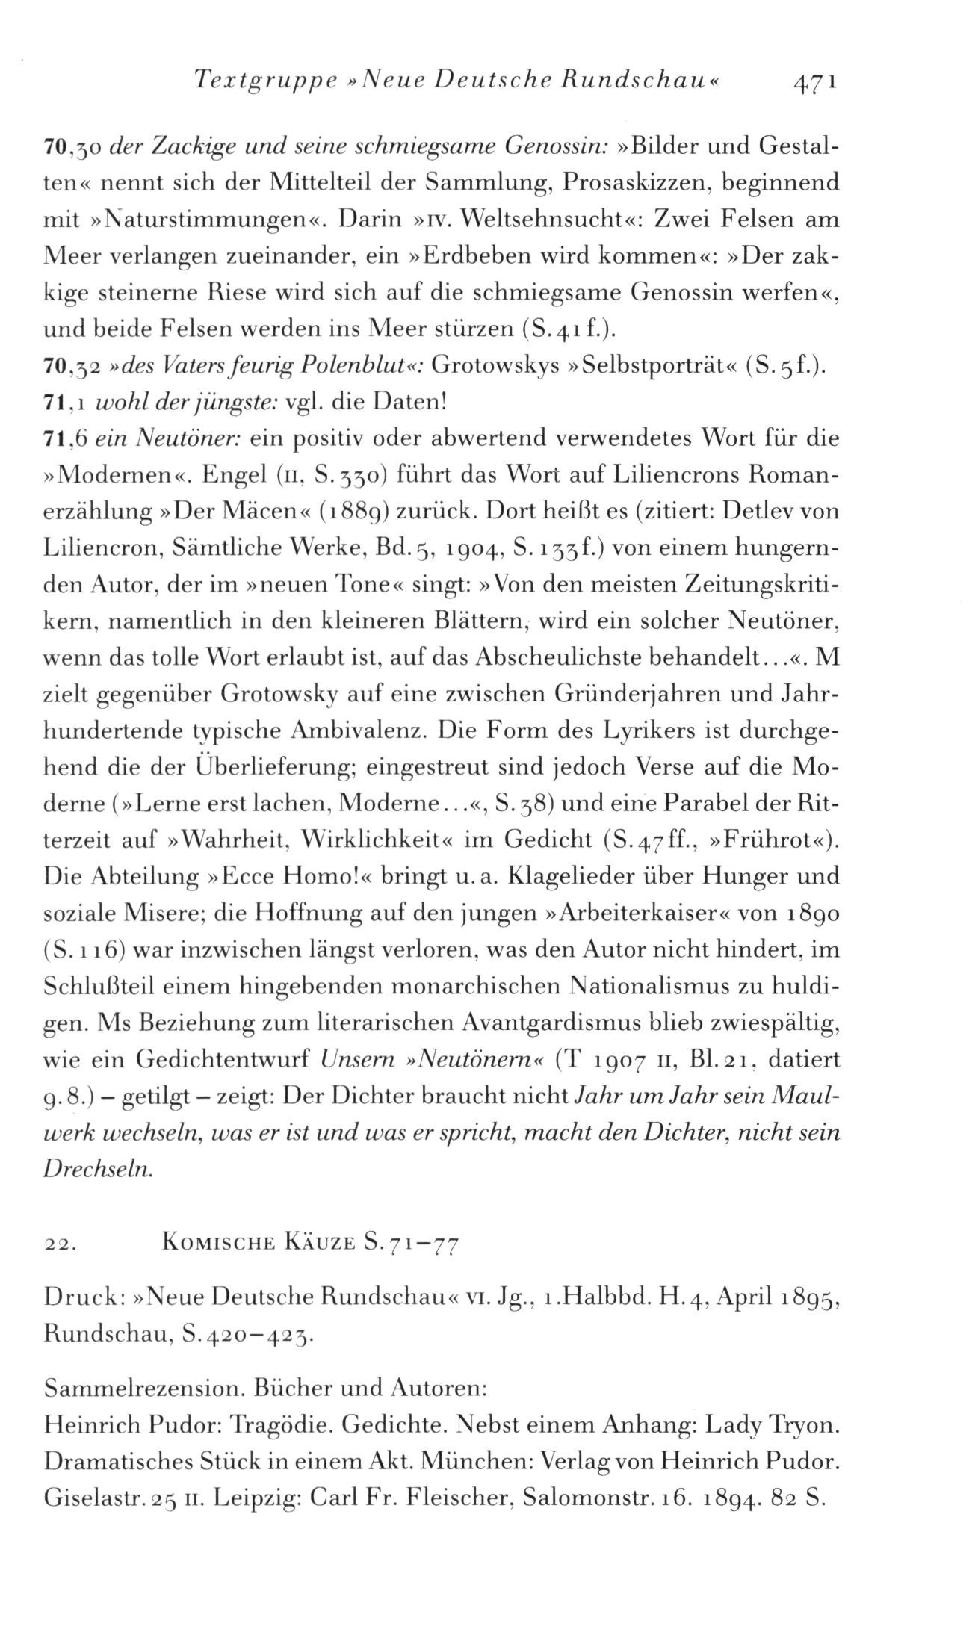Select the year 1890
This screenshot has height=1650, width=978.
click(814, 913)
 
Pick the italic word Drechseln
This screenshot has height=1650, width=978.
click(98, 1168)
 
